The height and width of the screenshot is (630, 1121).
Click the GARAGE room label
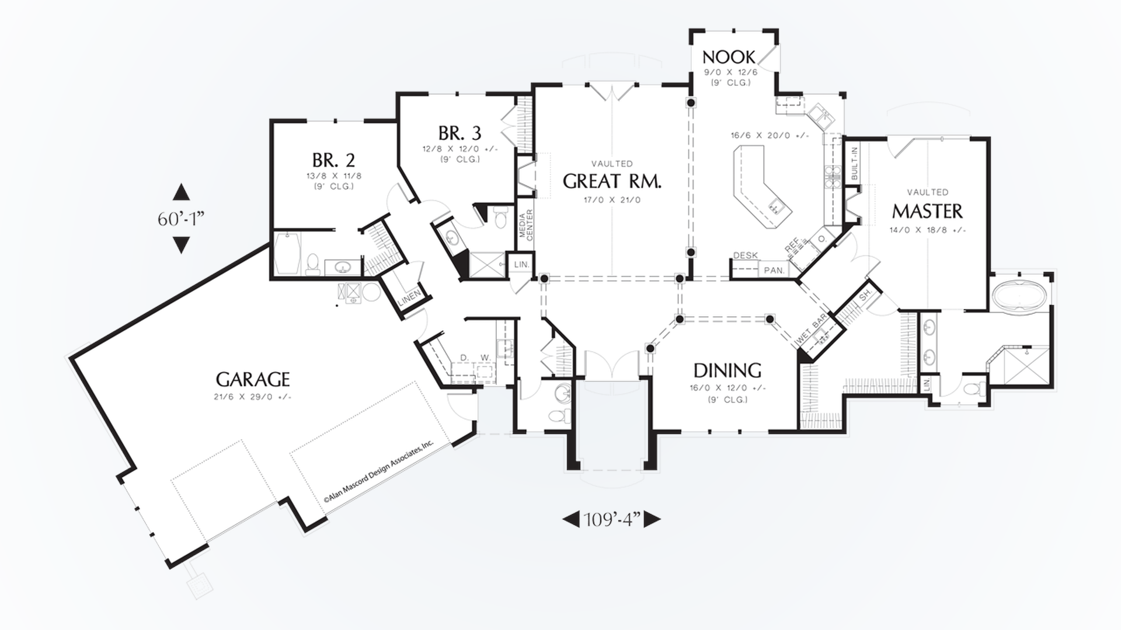pos(253,380)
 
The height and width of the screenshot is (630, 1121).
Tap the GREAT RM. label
pos(612,181)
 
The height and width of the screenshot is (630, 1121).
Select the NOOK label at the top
pos(729,57)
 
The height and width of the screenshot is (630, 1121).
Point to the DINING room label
pos(727,370)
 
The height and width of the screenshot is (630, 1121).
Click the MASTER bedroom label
pos(927,211)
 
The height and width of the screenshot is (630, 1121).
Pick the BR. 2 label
pos(333,160)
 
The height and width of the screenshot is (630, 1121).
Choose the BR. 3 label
pos(459,134)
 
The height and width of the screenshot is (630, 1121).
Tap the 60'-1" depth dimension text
pos(181,219)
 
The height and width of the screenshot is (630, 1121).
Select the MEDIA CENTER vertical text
pos(527,225)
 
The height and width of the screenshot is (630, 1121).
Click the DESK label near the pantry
pos(745,256)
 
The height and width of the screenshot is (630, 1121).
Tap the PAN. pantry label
pos(774,270)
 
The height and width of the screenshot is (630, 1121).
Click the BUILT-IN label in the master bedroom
pos(854,163)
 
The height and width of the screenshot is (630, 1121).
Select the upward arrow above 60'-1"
pos(181,192)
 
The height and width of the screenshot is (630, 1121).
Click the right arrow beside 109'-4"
pos(652,519)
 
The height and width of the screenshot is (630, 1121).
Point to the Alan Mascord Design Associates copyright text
pos(379,471)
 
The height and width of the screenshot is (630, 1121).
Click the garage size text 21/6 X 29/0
pos(252,397)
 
